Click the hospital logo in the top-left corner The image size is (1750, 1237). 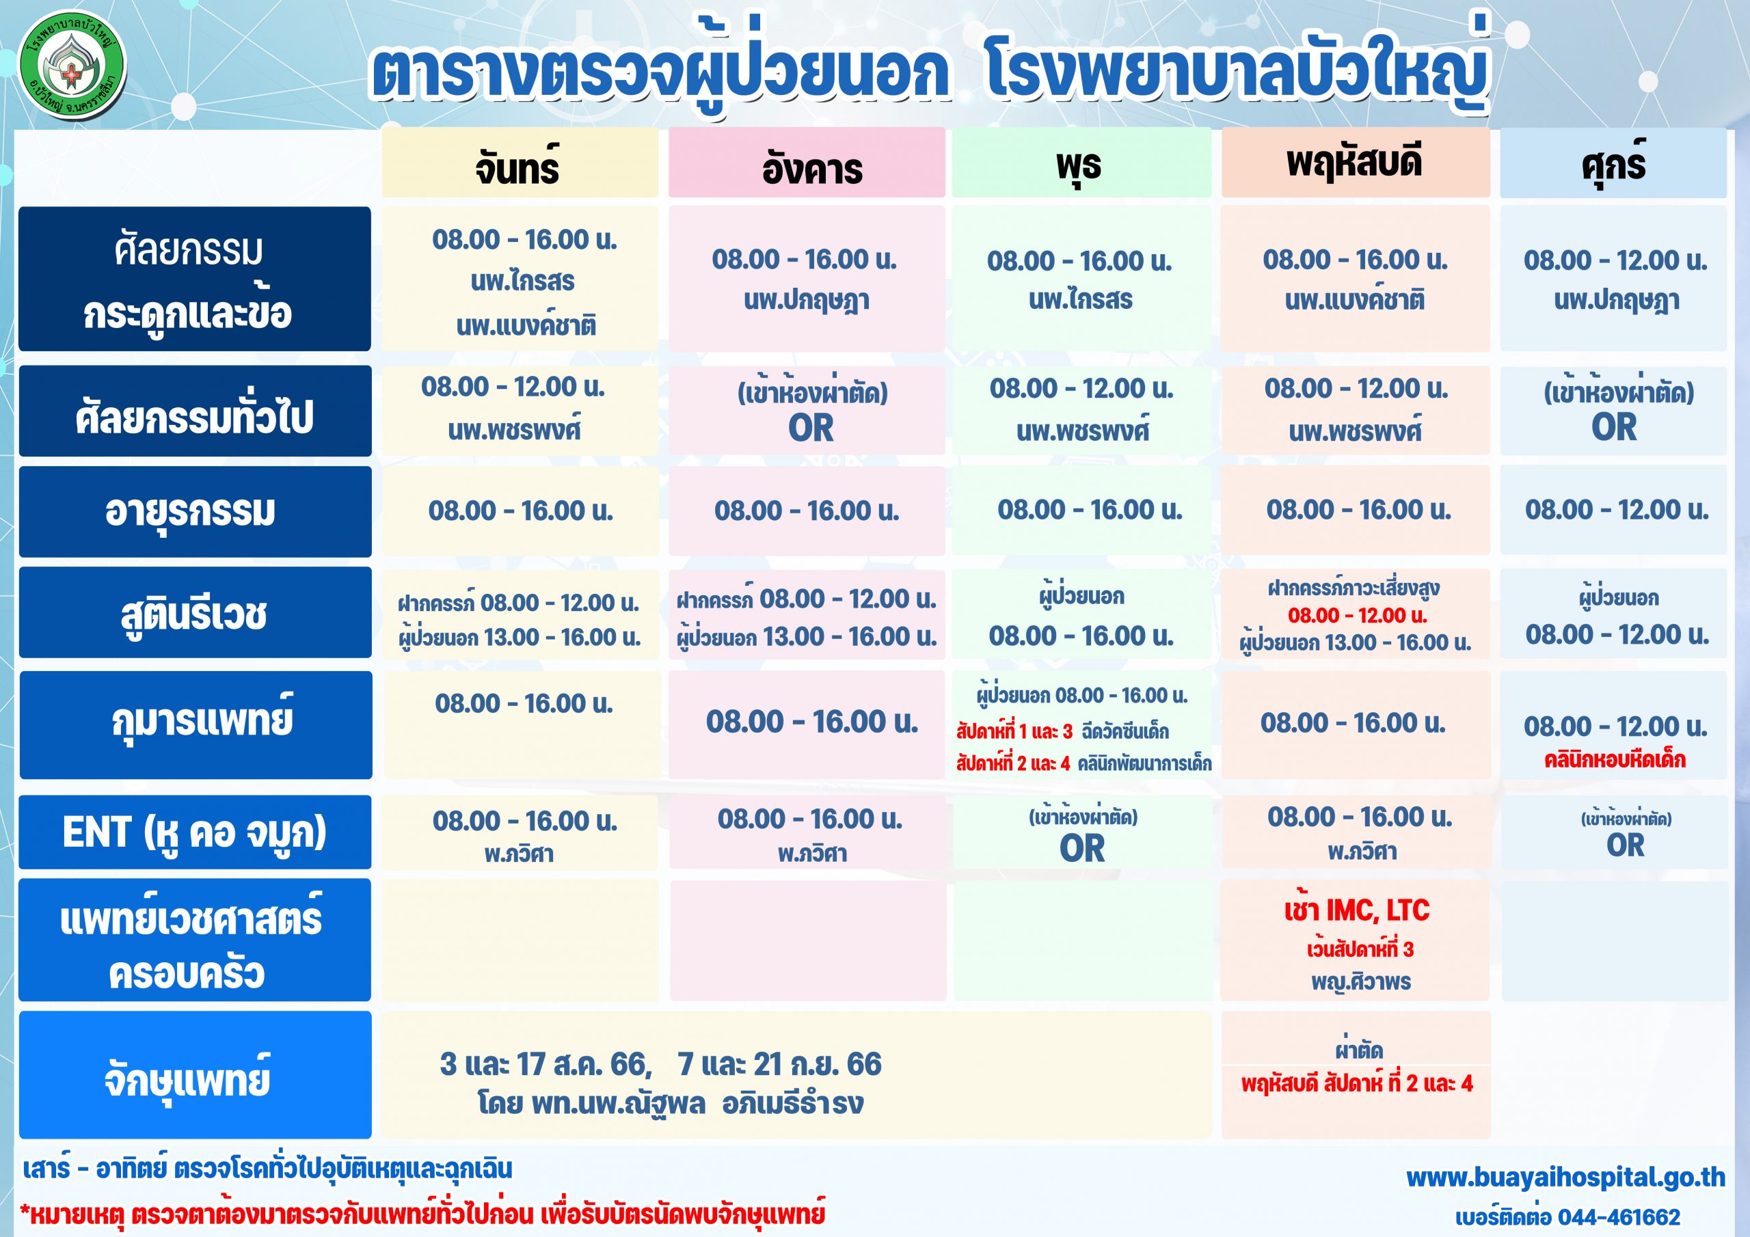coord(72,65)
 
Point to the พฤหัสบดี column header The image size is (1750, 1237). coord(1354,161)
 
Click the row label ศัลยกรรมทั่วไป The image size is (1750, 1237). coord(194,416)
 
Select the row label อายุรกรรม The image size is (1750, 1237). coord(191,511)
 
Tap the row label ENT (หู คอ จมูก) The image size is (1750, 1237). coord(194,832)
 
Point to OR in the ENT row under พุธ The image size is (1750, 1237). coord(1081,848)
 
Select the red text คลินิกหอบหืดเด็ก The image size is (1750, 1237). coord(1615,760)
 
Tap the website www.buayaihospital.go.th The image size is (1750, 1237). coord(1565,1178)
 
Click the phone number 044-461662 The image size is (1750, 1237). coord(1619,1217)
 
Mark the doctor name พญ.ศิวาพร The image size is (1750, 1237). coord(1361,981)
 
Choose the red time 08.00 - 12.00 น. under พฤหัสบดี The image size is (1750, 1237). coord(1358,615)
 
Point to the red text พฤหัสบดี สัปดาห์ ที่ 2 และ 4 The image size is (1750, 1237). coord(1357,1083)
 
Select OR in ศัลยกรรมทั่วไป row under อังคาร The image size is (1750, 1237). coord(811,428)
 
